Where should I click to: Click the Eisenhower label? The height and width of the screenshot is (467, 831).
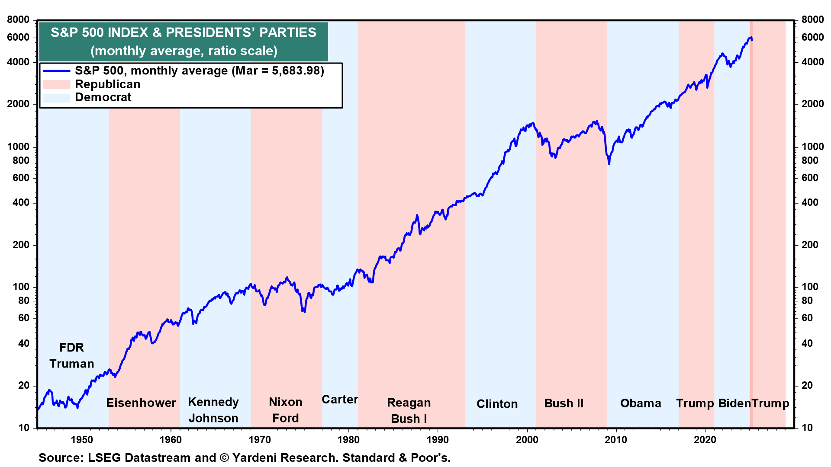tap(141, 403)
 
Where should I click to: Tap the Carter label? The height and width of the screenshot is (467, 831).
tap(340, 400)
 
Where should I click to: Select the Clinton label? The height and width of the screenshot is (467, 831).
tap(497, 404)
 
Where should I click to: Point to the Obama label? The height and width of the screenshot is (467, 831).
tap(641, 403)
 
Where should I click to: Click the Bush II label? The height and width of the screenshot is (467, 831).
tap(564, 403)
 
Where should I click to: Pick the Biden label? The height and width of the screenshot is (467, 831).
tap(734, 403)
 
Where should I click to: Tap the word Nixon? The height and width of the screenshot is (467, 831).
tap(286, 402)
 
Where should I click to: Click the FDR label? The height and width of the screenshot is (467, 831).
tap(71, 348)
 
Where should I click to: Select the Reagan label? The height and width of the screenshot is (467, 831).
tap(409, 403)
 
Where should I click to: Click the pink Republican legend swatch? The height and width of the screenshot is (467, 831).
tap(56, 84)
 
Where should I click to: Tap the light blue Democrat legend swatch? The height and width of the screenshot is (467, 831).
tap(56, 98)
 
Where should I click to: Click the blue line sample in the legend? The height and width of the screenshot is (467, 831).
tap(56, 71)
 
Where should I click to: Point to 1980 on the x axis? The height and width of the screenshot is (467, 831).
tap(348, 440)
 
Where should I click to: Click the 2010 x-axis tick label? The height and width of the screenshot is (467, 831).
tap(615, 440)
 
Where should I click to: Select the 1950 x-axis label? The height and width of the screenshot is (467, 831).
tap(82, 440)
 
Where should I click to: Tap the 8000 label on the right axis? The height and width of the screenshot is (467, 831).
tap(812, 19)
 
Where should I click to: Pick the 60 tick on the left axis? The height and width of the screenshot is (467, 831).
tap(24, 318)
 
